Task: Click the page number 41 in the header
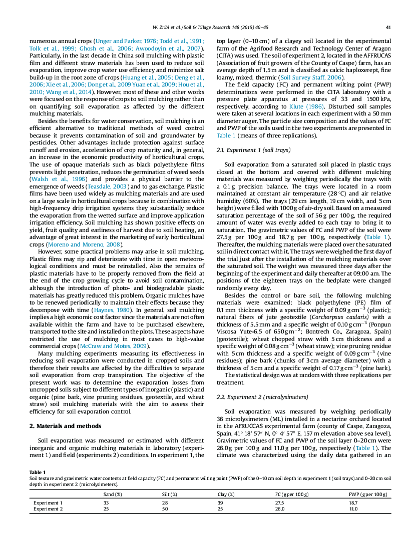(388, 27)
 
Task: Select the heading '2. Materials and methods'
(66, 426)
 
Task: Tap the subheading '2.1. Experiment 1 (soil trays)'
(253, 150)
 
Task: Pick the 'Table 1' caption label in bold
(38, 472)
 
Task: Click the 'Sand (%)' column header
(113, 494)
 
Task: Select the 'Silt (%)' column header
(169, 494)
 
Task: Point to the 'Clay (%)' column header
(226, 494)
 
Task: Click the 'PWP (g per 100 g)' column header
(368, 494)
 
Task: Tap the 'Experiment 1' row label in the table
(48, 502)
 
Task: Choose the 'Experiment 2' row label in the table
(48, 508)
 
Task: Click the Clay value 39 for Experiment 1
(221, 502)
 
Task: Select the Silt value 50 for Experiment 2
(165, 508)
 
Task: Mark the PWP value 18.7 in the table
(353, 502)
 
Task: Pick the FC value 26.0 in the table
(280, 508)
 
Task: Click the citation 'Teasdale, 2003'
(106, 186)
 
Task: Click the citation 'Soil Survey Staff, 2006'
(310, 78)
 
